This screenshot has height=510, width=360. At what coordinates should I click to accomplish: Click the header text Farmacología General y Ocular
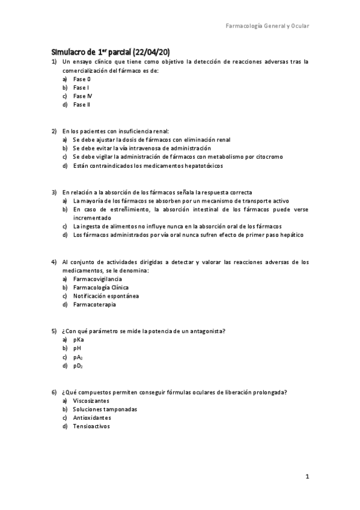[267, 26]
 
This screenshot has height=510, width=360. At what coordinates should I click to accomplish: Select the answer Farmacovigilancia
[97, 279]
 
